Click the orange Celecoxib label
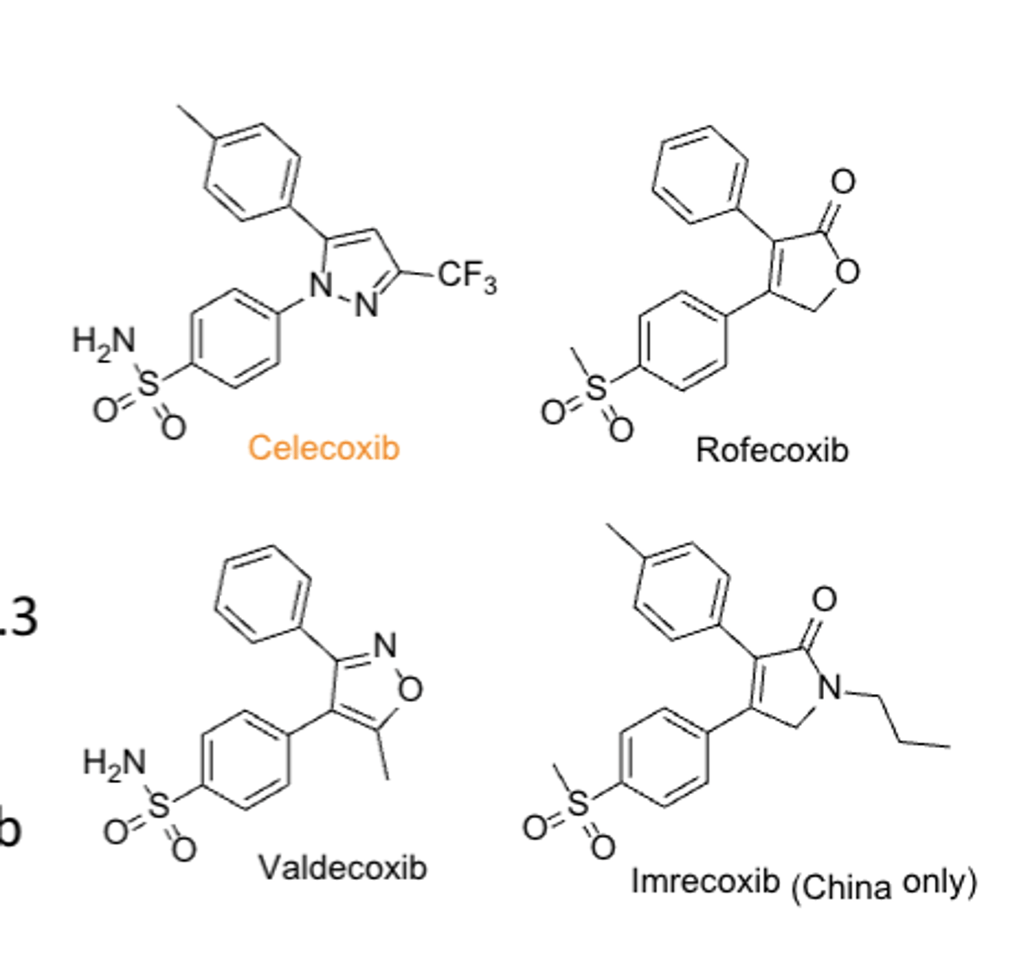click(323, 448)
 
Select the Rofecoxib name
click(772, 450)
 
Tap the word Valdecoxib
click(342, 867)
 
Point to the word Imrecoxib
click(705, 881)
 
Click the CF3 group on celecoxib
click(467, 277)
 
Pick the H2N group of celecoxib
click(104, 341)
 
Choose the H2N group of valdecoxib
click(114, 762)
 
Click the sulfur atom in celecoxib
click(149, 386)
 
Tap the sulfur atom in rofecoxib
click(596, 389)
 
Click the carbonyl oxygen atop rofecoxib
click(842, 181)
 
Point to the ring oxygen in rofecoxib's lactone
click(847, 272)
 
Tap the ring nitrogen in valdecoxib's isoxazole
click(385, 645)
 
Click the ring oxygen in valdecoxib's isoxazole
click(410, 689)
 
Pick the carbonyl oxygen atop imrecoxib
click(824, 599)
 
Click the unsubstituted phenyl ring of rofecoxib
click(700, 174)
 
